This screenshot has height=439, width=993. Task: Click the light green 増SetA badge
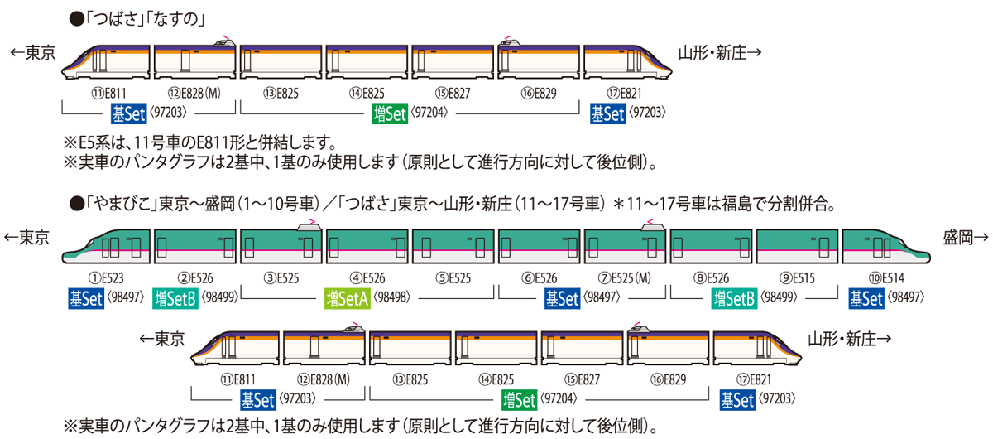pyautogui.click(x=345, y=298)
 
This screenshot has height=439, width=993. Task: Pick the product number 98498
pyautogui.click(x=396, y=298)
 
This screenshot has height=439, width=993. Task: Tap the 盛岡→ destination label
pyautogui.click(x=964, y=237)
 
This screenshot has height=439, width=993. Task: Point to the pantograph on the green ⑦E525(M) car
pyautogui.click(x=648, y=222)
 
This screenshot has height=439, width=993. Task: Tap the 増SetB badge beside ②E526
pyautogui.click(x=174, y=298)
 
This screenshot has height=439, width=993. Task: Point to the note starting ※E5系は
pyautogui.click(x=199, y=140)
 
